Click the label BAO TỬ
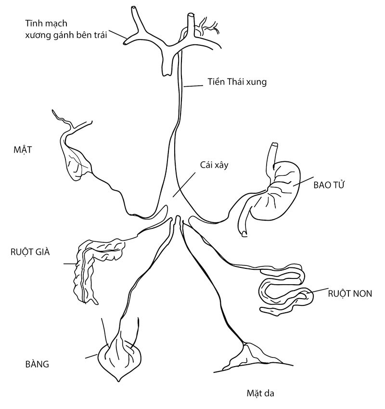pos(330,185)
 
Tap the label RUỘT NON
pos(349,293)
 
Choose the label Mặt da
pos(258,392)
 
